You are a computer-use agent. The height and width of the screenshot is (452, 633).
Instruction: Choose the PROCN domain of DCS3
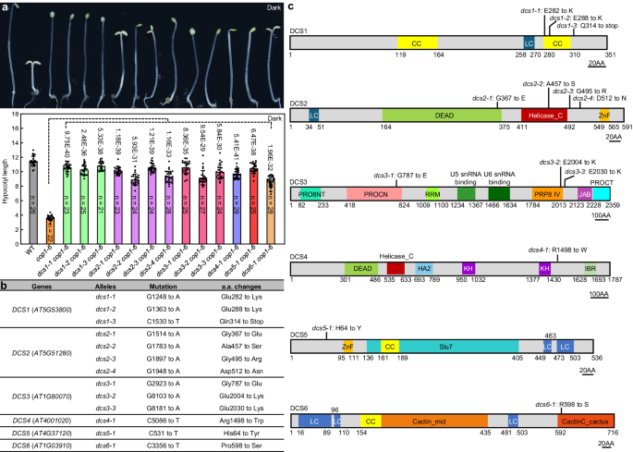(x=372, y=193)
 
